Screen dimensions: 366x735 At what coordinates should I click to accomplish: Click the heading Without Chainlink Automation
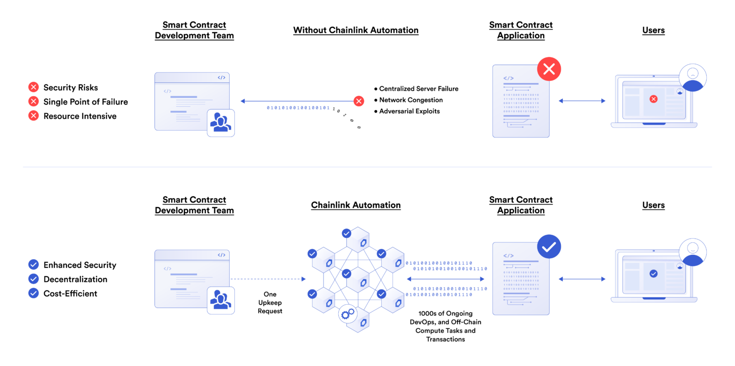click(356, 30)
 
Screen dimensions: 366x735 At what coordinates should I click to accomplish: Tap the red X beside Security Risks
click(33, 87)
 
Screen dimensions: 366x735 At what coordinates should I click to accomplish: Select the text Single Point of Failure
click(86, 102)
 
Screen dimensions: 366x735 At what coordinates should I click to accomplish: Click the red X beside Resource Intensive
click(33, 115)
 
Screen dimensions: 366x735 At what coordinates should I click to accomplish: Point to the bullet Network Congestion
click(411, 100)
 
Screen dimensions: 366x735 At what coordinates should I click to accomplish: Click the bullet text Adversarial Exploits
click(409, 111)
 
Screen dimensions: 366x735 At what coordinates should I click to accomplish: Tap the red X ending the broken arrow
click(358, 101)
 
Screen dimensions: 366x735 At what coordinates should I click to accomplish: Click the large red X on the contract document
click(549, 69)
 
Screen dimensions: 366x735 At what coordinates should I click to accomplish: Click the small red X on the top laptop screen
click(653, 99)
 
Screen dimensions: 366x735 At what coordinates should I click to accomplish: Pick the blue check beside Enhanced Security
click(33, 264)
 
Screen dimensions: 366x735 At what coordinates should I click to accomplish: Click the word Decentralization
click(75, 279)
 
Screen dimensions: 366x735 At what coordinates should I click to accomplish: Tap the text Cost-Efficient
click(70, 294)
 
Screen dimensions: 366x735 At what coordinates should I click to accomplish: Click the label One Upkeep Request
click(270, 302)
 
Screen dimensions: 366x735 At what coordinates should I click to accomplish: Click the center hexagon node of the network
click(357, 279)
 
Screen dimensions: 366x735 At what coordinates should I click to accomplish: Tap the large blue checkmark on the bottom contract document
click(549, 247)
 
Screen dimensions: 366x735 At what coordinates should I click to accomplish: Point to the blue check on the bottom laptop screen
click(653, 274)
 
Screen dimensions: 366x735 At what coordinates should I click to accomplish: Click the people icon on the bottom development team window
click(221, 300)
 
